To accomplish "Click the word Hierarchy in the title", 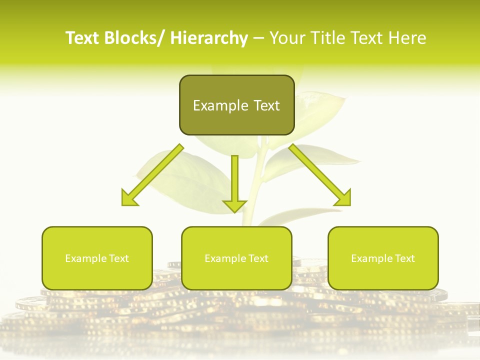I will (x=209, y=38).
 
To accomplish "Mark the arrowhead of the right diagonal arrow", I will (x=343, y=197).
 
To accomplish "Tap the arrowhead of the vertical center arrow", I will (x=234, y=205).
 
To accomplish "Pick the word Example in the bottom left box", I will (x=85, y=258).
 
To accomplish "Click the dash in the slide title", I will (x=258, y=38).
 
